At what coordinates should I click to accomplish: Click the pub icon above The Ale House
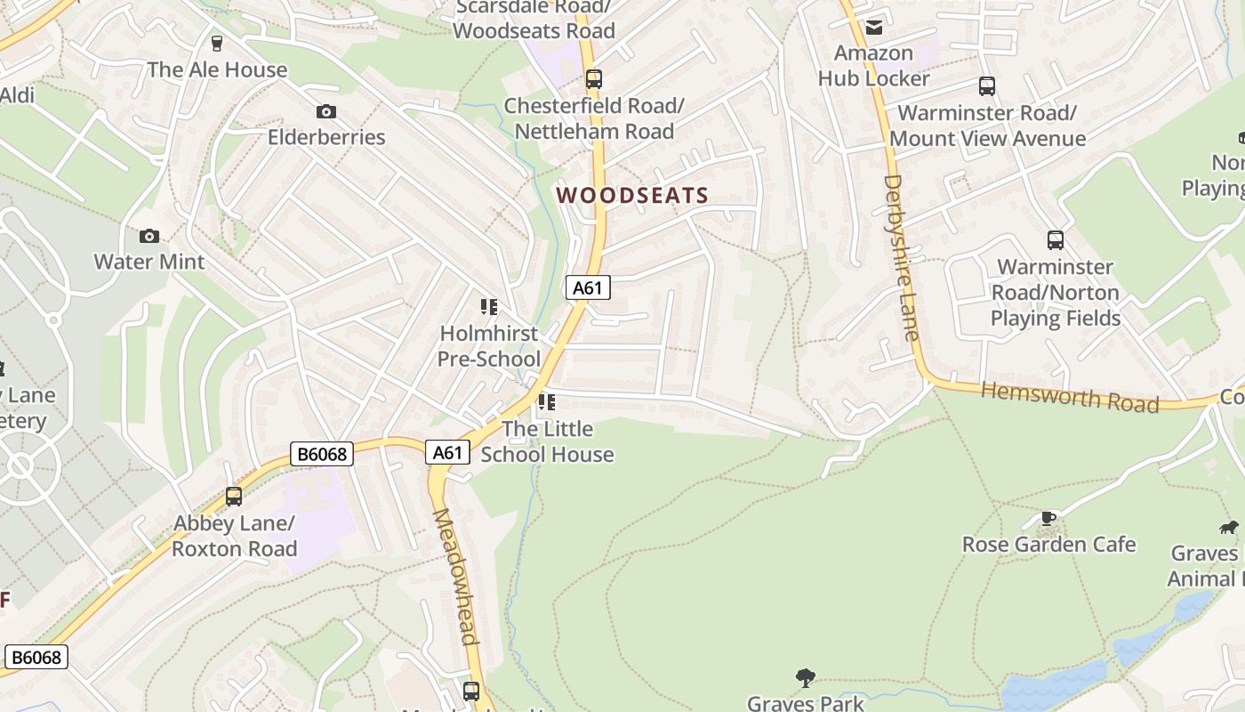pos(216,43)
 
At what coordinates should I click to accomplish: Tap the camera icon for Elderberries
pos(326,111)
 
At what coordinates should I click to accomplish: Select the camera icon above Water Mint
pos(149,236)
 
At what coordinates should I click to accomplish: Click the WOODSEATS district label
pos(632,196)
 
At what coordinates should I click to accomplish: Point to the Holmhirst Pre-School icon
pos(488,307)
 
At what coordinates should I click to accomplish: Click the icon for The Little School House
pos(546,402)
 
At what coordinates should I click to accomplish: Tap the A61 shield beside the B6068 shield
pos(446,452)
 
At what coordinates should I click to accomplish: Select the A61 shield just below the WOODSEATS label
pos(588,287)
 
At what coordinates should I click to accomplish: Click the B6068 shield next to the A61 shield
pos(322,454)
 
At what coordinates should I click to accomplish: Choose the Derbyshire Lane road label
pos(900,258)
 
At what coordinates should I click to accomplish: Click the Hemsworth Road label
pos(1070,397)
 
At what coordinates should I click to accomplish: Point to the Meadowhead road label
pos(454,577)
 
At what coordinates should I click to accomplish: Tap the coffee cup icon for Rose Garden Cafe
pos(1048,518)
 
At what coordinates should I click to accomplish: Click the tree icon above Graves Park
pos(806,678)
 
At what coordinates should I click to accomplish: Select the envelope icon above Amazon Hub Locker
pos(873,27)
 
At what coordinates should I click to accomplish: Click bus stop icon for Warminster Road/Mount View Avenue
pos(986,86)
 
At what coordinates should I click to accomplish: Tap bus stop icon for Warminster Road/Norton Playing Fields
pos(1055,240)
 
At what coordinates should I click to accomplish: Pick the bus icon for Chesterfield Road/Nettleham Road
pos(593,79)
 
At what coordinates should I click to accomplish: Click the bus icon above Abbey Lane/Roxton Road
pos(234,497)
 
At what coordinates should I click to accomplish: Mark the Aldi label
pos(16,94)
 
